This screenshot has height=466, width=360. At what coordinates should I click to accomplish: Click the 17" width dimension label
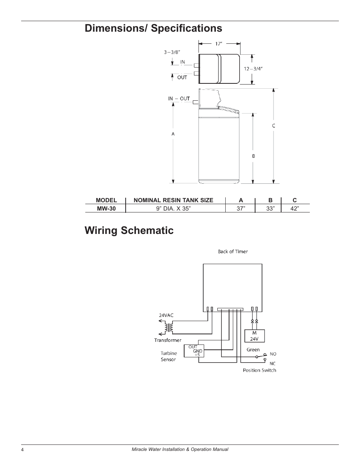(x=219, y=44)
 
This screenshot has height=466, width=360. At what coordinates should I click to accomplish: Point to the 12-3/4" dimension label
(x=253, y=69)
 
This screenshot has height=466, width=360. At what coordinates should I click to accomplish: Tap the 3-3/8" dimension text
(x=172, y=52)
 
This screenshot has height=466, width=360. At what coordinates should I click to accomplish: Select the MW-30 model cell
(x=106, y=208)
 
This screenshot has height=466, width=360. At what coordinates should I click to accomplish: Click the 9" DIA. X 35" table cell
(x=174, y=208)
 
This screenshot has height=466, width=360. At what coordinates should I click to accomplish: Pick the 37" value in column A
(x=241, y=208)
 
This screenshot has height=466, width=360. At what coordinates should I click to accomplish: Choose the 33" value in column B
(x=271, y=208)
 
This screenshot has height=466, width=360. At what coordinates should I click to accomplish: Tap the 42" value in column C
(x=295, y=208)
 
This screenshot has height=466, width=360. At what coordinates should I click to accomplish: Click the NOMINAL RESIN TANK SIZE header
(x=174, y=200)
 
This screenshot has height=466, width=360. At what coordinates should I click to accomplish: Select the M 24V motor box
(x=254, y=336)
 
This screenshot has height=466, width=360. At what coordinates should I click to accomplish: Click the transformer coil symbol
(x=169, y=327)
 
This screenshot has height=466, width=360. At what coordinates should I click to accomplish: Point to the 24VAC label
(x=166, y=315)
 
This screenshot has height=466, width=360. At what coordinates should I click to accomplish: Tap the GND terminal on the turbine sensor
(x=197, y=351)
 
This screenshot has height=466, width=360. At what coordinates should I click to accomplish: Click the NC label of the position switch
(x=272, y=364)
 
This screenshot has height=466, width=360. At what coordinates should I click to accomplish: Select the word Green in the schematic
(x=253, y=350)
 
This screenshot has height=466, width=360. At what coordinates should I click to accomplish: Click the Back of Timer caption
(x=233, y=252)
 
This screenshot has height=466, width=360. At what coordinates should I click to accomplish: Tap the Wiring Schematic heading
(x=129, y=231)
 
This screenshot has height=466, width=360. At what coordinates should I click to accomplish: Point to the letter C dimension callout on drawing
(x=274, y=126)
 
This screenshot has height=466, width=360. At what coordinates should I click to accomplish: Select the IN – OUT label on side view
(x=179, y=98)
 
